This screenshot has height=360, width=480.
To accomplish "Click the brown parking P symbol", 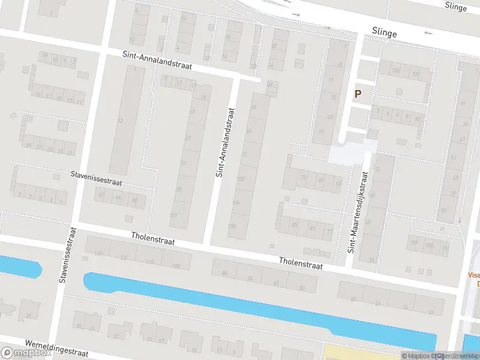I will tap(358, 94).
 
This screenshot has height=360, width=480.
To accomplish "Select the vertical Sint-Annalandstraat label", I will tap(223, 142).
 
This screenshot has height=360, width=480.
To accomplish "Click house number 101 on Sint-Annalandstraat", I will tap(174, 215).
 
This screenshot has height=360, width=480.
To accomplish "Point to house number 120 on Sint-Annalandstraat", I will tap(232, 226).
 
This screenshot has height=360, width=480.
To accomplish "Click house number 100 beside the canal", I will tap(176, 266).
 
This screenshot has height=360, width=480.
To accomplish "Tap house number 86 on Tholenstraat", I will tap(225, 274).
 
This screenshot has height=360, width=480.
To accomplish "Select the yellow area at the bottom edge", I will tap(360, 352).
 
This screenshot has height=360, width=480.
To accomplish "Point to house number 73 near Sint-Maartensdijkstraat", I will tap(303, 178).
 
